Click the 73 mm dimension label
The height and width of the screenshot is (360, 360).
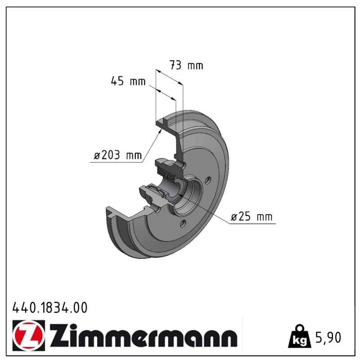pyautogui.click(x=186, y=65)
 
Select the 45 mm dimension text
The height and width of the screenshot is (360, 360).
pyautogui.click(x=128, y=81)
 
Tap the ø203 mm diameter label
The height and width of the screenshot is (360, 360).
pyautogui.click(x=118, y=155)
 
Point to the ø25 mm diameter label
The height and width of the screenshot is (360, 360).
pyautogui.click(x=252, y=216)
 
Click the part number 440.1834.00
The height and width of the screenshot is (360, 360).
pyautogui.click(x=50, y=307)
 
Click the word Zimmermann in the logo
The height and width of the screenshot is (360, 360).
pyautogui.click(x=144, y=335)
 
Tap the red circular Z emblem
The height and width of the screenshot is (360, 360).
pyautogui.click(x=29, y=335)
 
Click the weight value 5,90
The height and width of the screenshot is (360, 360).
pyautogui.click(x=328, y=337)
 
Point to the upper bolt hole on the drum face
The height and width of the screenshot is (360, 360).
pyautogui.click(x=208, y=180)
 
